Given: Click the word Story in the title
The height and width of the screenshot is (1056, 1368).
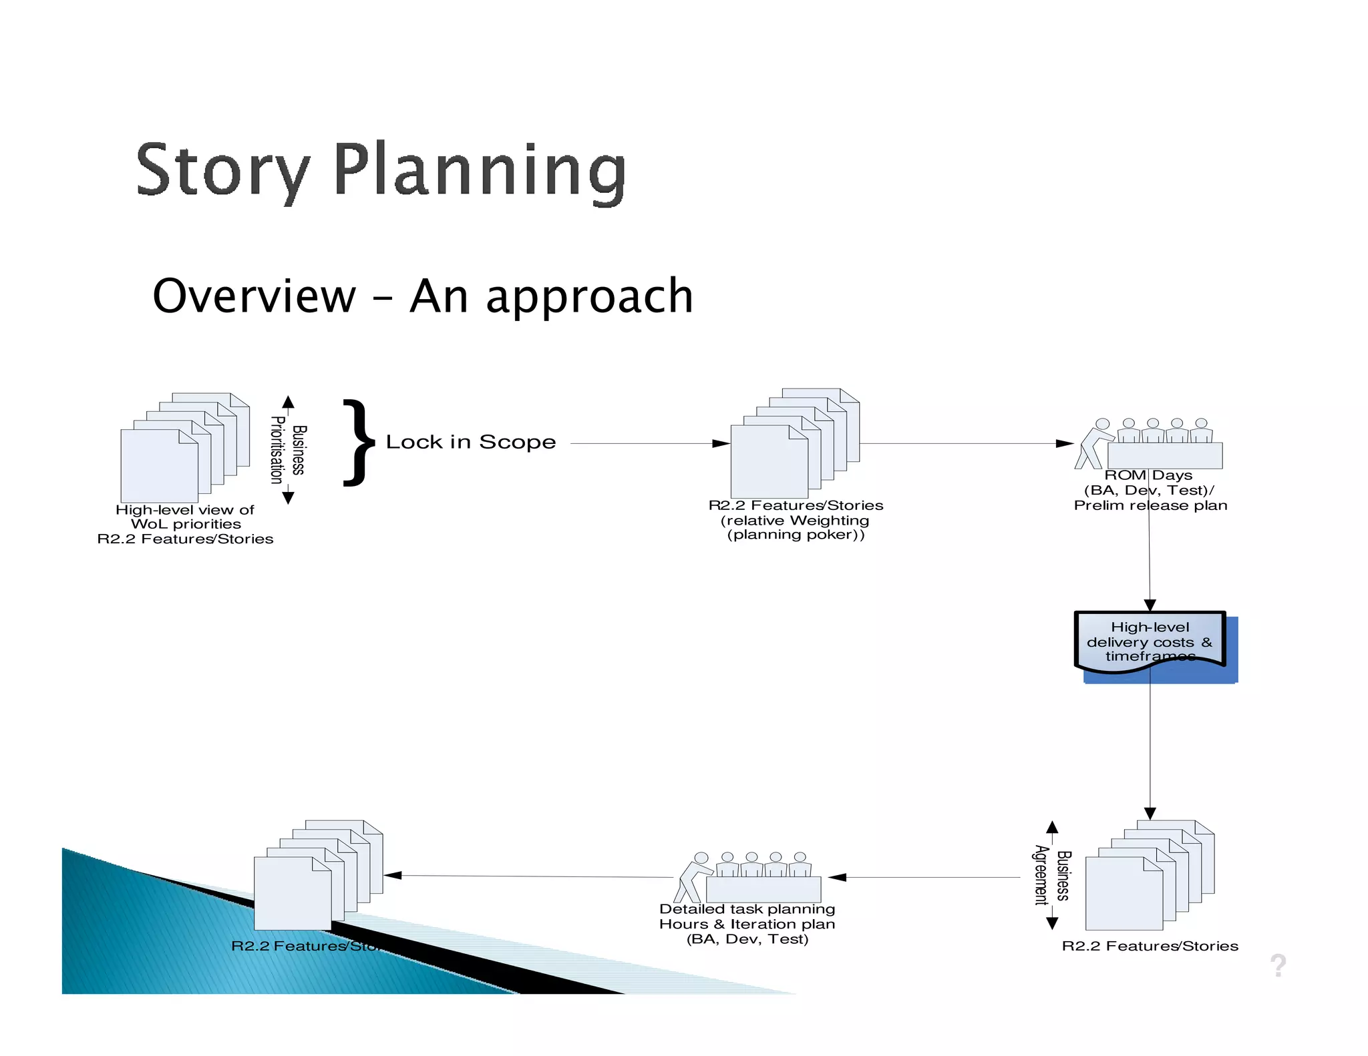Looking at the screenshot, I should [x=222, y=170].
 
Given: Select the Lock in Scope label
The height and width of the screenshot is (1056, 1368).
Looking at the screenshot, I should [x=470, y=442].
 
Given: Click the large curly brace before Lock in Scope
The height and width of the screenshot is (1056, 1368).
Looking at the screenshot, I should [x=359, y=443].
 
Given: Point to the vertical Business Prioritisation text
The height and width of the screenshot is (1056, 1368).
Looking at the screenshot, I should [x=288, y=450].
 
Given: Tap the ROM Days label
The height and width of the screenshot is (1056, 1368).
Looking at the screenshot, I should [x=1148, y=475].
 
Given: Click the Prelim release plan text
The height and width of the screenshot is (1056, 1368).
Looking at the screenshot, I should [x=1150, y=505].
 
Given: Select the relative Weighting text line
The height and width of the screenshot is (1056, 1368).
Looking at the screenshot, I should [x=795, y=520].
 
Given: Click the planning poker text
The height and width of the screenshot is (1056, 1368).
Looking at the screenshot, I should [x=795, y=535].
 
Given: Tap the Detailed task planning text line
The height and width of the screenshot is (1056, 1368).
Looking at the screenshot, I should [x=747, y=909].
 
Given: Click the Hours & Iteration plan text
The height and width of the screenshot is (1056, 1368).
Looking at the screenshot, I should [x=747, y=924].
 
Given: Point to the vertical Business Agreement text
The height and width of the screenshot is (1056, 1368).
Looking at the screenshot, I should [x=1052, y=875].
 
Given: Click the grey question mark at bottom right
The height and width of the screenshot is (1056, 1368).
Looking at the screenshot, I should [x=1278, y=965].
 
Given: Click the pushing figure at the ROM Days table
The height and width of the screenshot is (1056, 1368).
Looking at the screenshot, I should [x=1094, y=444].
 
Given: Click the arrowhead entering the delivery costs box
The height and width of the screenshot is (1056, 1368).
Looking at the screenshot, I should [x=1150, y=605].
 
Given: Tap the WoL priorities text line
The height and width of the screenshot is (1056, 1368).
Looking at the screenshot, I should [x=186, y=524].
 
